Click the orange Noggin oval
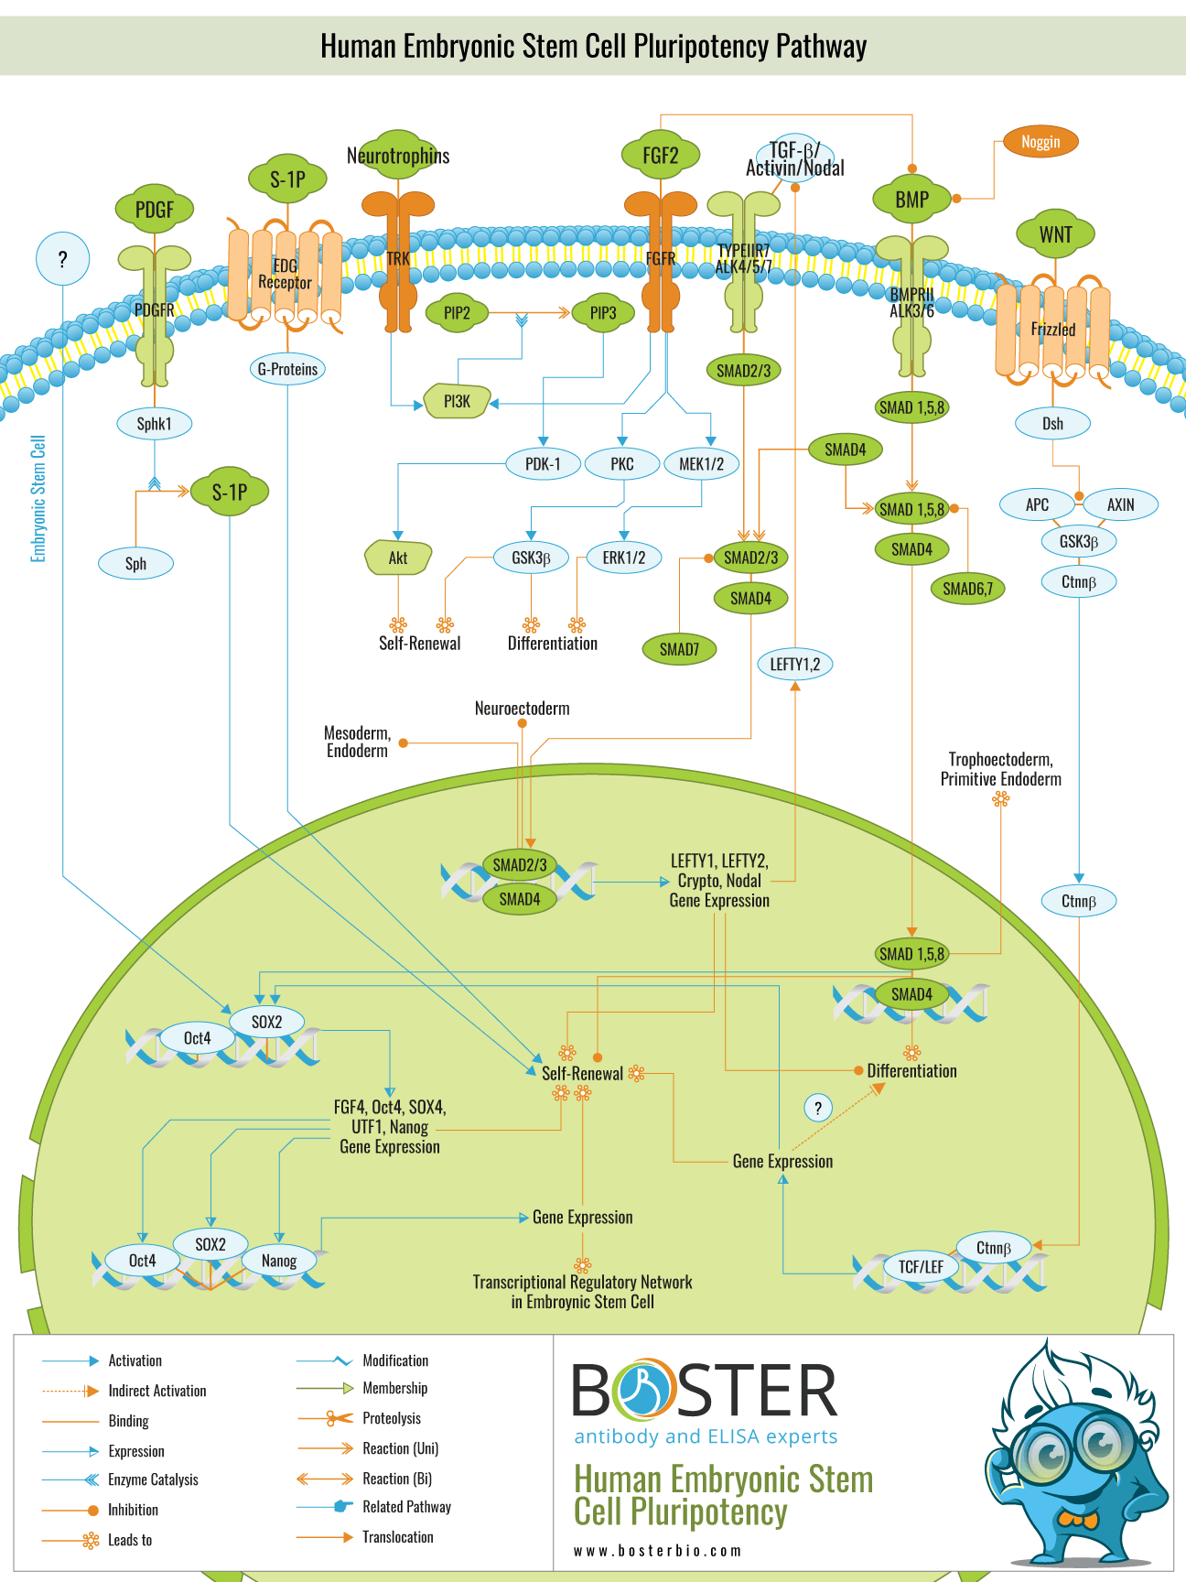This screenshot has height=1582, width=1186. tap(1040, 142)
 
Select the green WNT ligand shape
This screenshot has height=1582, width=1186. tap(1055, 233)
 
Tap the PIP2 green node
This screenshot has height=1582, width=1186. tap(457, 313)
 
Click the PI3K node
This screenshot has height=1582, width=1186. tap(457, 401)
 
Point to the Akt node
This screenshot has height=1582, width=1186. tap(398, 558)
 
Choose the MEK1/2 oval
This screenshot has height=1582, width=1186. tap(701, 464)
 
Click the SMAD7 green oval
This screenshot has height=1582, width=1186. tap(679, 649)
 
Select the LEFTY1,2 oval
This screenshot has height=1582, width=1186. tap(794, 664)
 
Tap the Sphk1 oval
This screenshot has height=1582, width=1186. tap(154, 424)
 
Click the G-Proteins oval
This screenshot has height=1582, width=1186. tap(287, 369)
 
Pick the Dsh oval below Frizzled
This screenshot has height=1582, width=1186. tap(1052, 423)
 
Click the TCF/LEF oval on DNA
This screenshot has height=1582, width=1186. tap(920, 1267)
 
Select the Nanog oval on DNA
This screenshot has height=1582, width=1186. tap(278, 1261)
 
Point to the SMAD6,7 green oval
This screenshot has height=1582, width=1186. tap(967, 589)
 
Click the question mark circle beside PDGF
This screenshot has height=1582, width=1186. tap(62, 259)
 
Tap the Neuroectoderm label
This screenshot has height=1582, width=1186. tap(522, 709)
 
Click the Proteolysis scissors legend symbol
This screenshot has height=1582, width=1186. tap(340, 1418)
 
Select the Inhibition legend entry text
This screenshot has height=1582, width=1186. tap(133, 1510)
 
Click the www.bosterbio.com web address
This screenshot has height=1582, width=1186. tap(657, 1551)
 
